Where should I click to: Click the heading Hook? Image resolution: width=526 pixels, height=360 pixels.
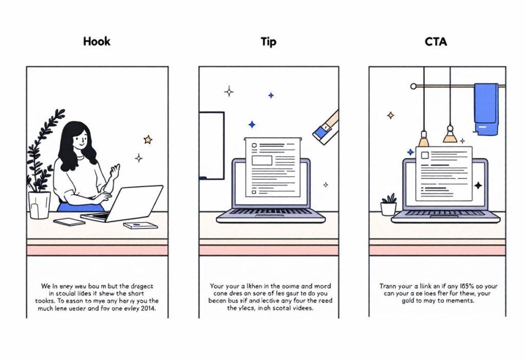(97, 41)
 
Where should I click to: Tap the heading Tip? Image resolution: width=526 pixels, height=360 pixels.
(268, 41)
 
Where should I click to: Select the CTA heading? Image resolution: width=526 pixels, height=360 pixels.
(436, 41)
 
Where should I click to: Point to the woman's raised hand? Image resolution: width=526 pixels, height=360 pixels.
(115, 173)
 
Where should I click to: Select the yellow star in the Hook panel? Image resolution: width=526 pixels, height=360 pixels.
(148, 139)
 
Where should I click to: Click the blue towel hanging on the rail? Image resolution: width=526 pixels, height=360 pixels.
(485, 109)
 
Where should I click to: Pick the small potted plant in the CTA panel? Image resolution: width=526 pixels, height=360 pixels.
(388, 205)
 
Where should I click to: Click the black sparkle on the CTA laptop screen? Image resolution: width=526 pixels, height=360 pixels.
(478, 185)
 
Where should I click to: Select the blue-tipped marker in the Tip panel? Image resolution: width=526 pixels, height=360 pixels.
(325, 127)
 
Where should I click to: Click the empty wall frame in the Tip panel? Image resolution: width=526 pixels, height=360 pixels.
(211, 145)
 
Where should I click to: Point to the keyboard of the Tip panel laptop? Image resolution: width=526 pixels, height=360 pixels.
(270, 212)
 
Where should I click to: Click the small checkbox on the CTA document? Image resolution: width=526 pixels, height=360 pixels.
(425, 155)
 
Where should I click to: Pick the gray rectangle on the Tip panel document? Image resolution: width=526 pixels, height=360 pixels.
(262, 160)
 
